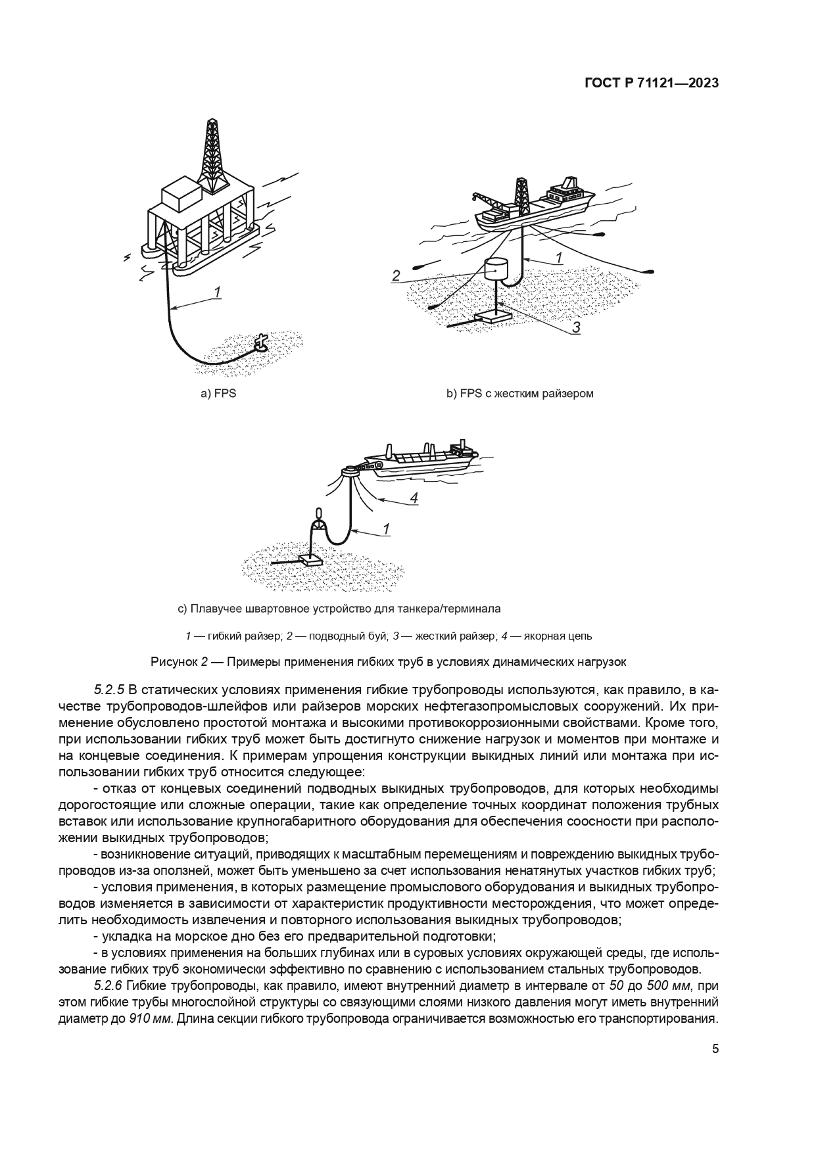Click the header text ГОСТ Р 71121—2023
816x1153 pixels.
650,83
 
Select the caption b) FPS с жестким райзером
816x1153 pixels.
519,394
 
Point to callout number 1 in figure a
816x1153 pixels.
218,292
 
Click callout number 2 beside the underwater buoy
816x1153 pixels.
396,275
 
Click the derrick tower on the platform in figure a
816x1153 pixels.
212,153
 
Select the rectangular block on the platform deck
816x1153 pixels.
181,195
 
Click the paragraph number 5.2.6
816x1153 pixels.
109,985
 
